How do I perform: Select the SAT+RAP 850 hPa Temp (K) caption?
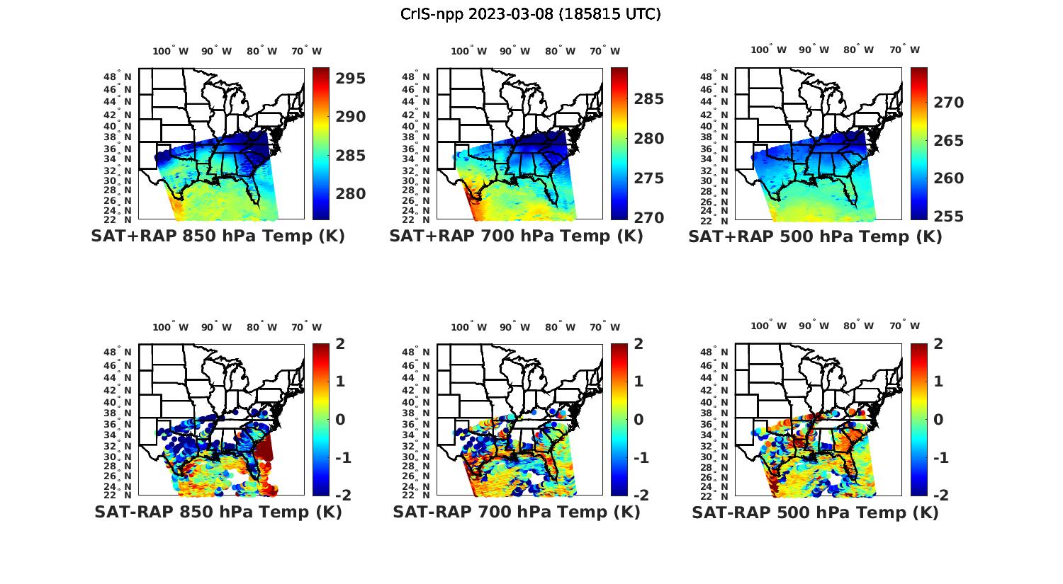218,236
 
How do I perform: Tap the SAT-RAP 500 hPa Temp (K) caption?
815,513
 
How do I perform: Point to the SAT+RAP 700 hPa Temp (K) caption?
516,236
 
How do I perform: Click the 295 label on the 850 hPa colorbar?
350,79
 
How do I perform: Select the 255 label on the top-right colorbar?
949,217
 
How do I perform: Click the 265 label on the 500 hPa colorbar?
949,141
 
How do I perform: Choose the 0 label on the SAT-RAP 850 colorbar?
339,420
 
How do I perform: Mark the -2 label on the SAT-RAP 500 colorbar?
934,496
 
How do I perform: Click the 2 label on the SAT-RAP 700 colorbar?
639,344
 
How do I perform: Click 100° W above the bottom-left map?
170,327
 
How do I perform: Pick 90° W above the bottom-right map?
814,326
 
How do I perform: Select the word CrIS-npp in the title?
430,14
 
